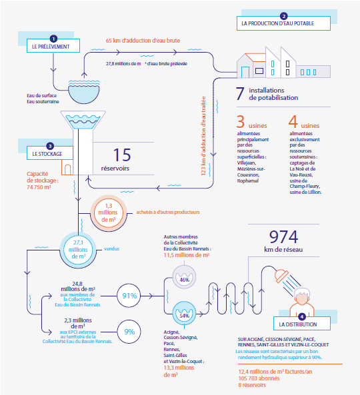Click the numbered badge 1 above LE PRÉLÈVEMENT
click(53, 39)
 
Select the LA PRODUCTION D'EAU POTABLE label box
click(283, 23)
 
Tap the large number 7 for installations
click(240, 94)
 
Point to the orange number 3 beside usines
click(241, 121)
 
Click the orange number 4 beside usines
click(293, 121)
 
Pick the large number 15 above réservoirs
click(122, 155)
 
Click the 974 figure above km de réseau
click(283, 236)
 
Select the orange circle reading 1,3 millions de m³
click(109, 213)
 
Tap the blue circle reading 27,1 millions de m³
click(78, 250)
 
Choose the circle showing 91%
click(129, 296)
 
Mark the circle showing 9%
click(129, 332)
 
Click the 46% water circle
click(184, 277)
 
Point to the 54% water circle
click(184, 313)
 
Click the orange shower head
click(281, 276)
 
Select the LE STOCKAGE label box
click(50, 153)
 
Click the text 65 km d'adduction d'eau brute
click(143, 41)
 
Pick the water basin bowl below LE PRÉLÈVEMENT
click(84, 92)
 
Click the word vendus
click(112, 249)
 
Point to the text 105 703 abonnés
click(259, 378)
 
